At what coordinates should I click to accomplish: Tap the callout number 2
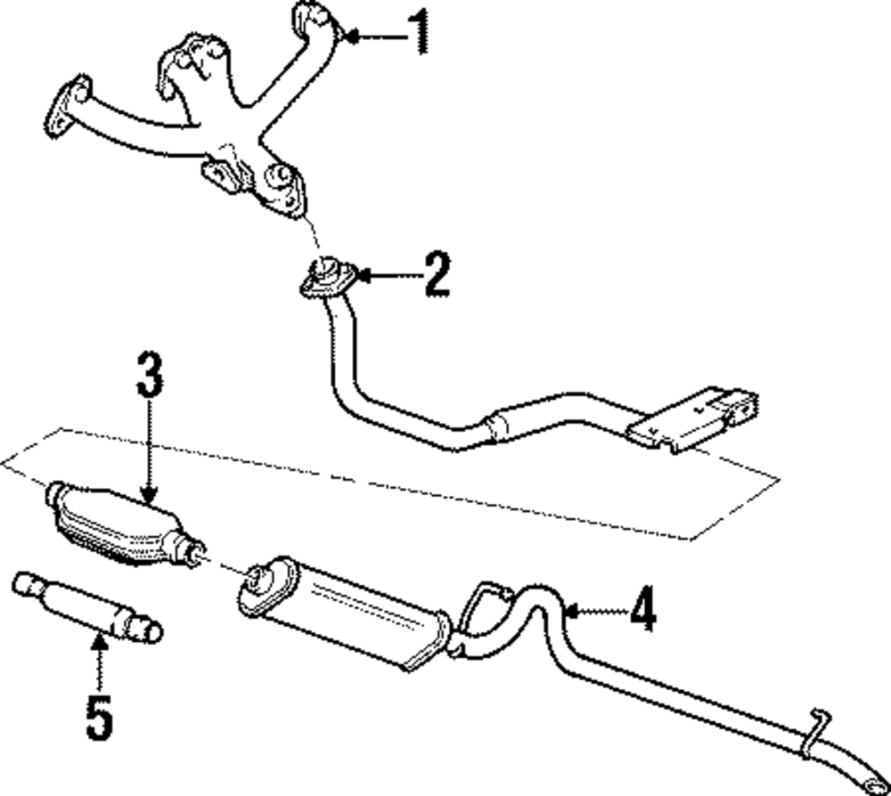pos(436,275)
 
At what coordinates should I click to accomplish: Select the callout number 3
pos(149,375)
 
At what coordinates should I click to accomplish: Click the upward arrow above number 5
pos(99,663)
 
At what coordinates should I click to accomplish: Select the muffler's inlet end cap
pos(259,587)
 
